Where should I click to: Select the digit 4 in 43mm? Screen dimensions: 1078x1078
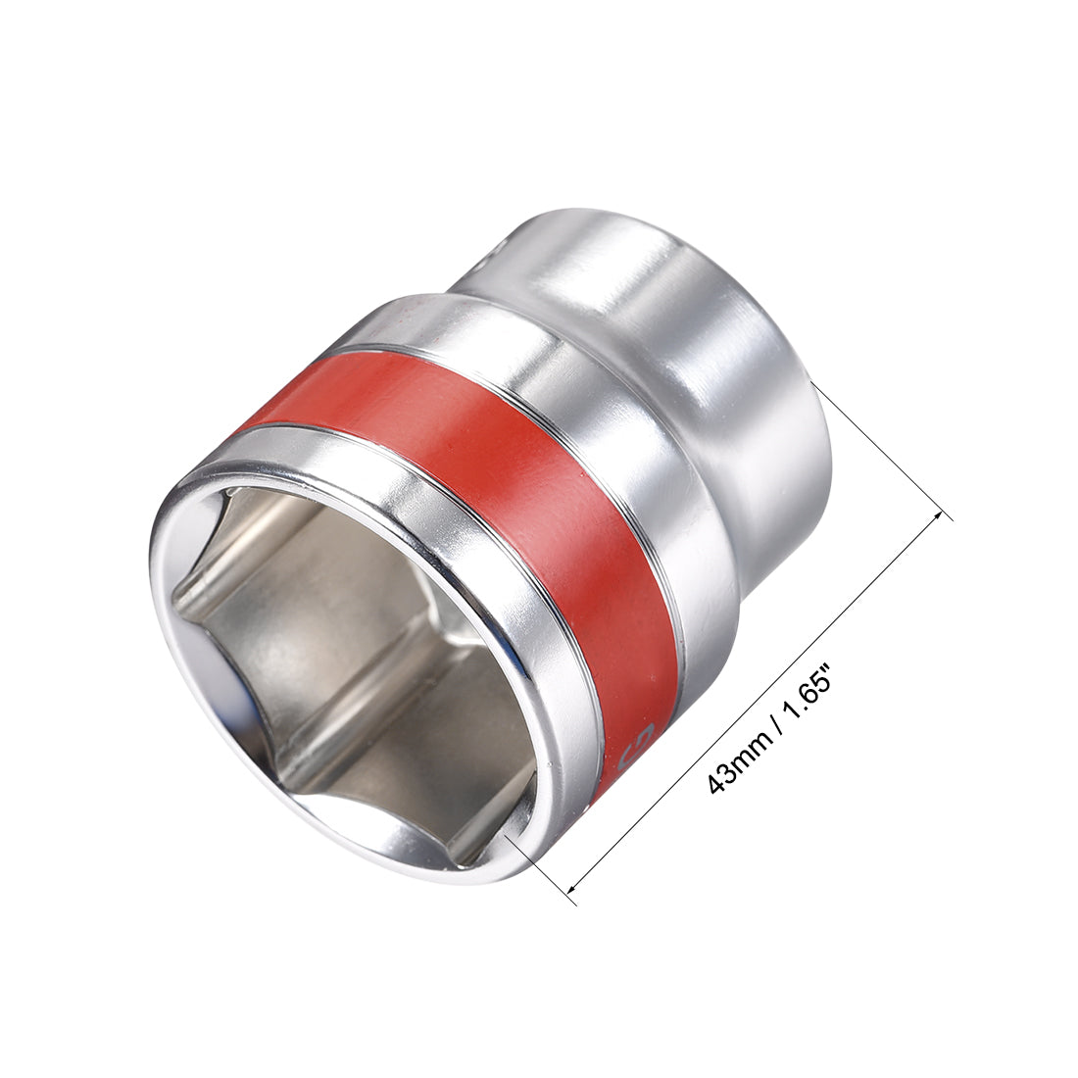click(x=719, y=783)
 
